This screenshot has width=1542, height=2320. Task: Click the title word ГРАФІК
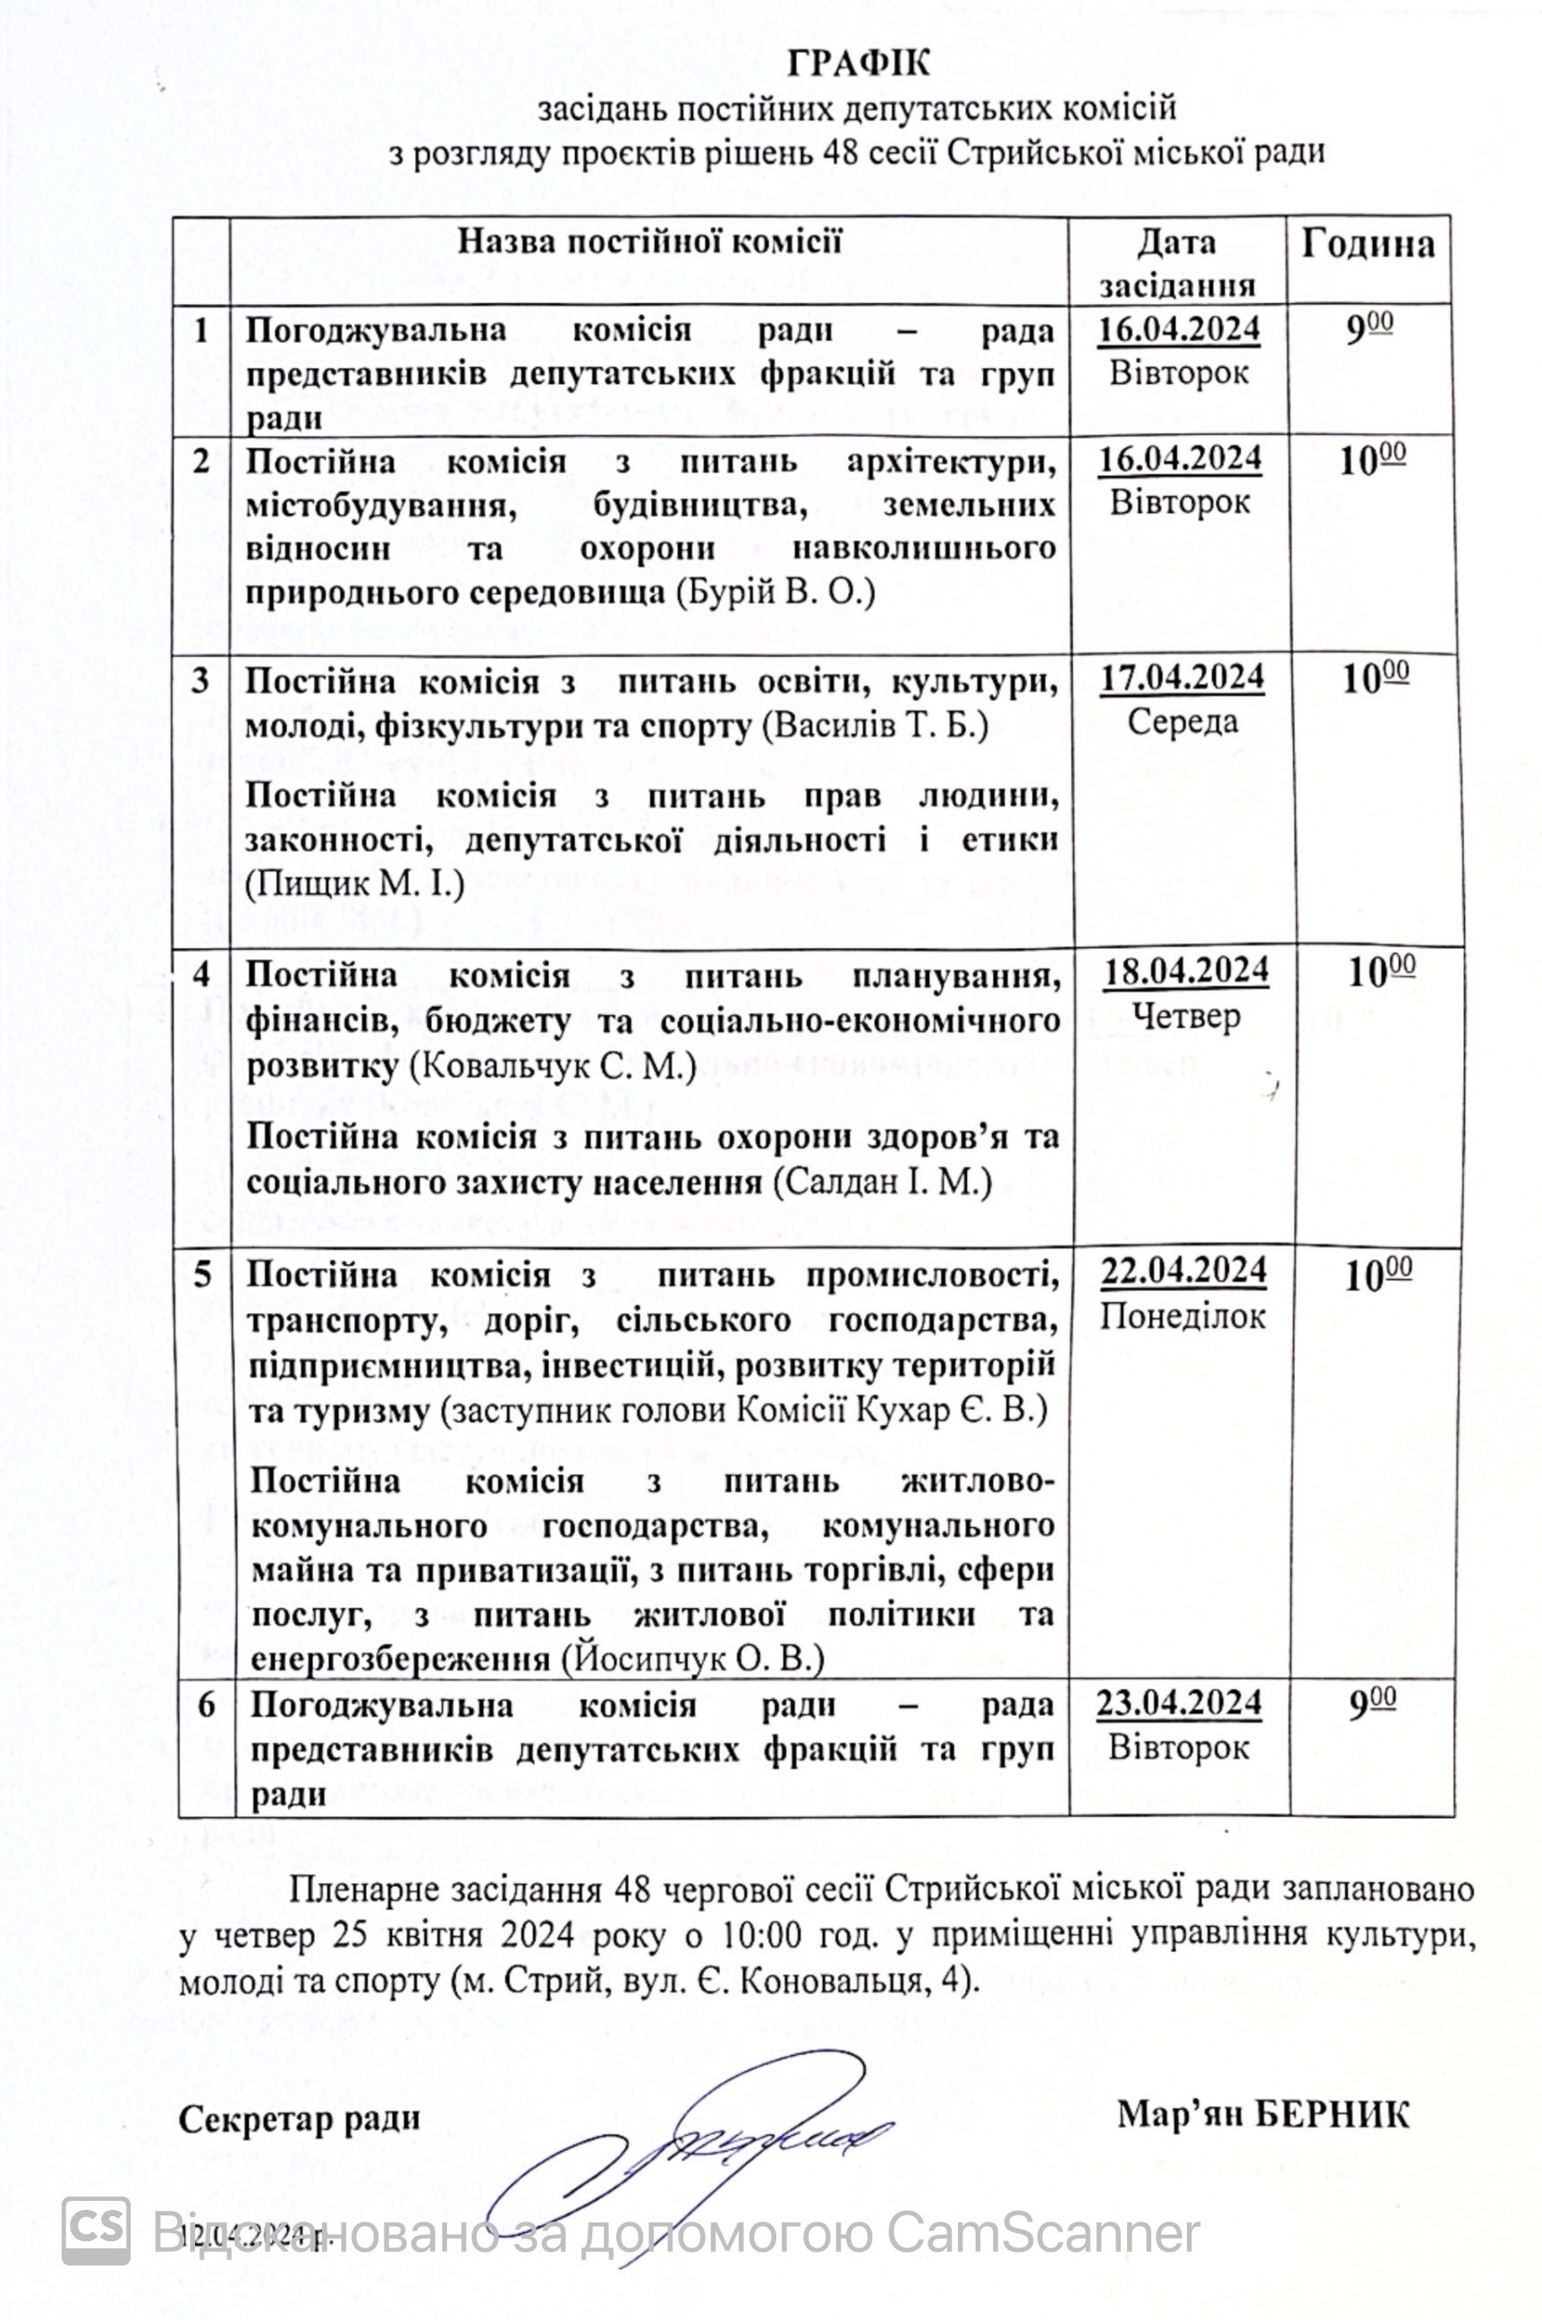(858, 64)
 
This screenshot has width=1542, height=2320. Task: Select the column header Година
(1368, 244)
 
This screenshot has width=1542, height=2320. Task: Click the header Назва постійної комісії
(649, 242)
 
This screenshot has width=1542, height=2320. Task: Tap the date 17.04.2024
(1181, 678)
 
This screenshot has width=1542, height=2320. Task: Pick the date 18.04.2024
(1185, 971)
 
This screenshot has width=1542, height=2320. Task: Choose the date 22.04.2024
(1183, 1271)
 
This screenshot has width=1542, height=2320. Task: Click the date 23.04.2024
(1179, 1703)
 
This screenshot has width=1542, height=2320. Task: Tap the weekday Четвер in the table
(1185, 1014)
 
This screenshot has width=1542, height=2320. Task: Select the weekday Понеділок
(1182, 1316)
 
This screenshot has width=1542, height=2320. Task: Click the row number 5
(202, 1275)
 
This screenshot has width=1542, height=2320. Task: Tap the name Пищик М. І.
(354, 884)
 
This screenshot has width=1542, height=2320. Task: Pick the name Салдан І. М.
(883, 1181)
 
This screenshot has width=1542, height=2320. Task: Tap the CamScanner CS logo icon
(96, 2228)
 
